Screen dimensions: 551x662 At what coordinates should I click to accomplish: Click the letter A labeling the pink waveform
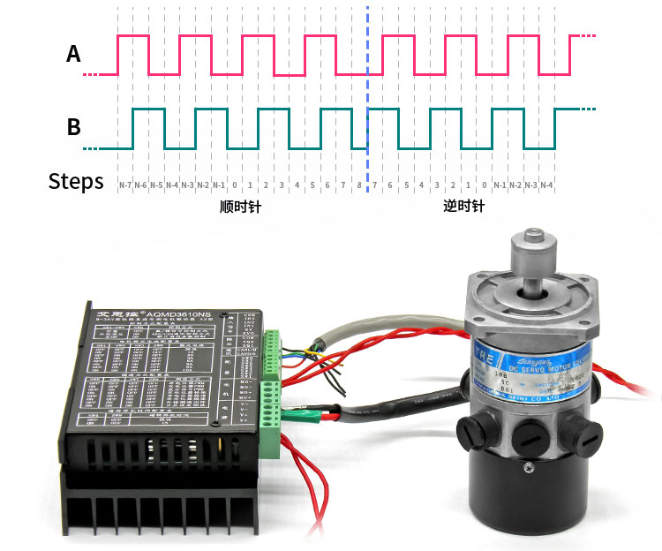[74, 55]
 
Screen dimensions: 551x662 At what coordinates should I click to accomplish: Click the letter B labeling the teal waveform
[74, 127]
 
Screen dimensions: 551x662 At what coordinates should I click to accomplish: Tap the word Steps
[76, 182]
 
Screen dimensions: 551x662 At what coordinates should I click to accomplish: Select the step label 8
[358, 185]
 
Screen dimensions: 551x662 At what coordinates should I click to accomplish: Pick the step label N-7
[124, 185]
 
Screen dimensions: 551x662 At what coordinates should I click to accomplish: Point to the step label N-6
[140, 185]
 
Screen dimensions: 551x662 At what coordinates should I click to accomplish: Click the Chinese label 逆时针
[464, 208]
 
